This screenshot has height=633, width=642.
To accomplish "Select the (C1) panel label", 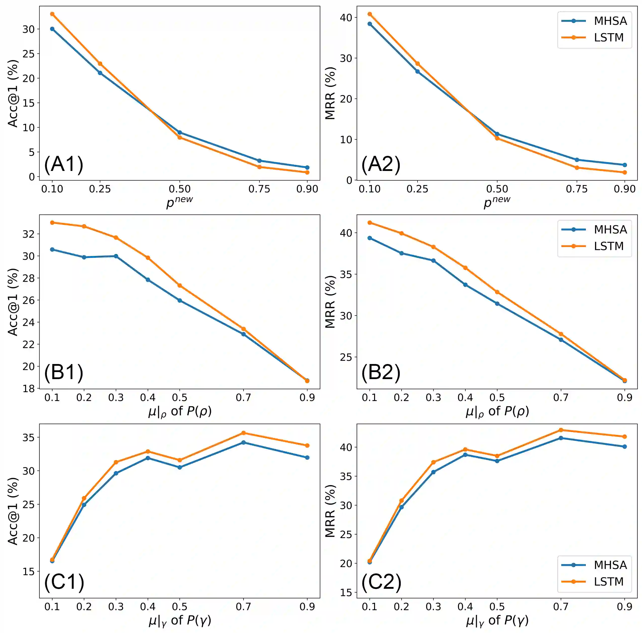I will [x=64, y=582].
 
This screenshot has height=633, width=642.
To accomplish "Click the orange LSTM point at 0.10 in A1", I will [x=52, y=14].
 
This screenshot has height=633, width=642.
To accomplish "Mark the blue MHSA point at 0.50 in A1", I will [x=179, y=132].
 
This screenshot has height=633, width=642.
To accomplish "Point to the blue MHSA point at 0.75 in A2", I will [x=577, y=160].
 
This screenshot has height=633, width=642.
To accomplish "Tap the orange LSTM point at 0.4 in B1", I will [x=148, y=257].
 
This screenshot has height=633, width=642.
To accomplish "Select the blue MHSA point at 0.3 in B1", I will [x=116, y=256].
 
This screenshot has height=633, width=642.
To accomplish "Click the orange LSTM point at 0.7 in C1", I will [x=244, y=433].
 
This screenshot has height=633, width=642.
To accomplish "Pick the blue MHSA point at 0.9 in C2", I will [x=625, y=446].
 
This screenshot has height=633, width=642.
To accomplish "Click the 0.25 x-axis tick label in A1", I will [x=100, y=189].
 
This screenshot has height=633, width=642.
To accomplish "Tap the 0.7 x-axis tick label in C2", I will [x=561, y=607].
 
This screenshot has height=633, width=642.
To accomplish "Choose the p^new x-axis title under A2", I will [x=497, y=202].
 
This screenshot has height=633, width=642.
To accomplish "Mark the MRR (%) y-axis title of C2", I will [x=330, y=511].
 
